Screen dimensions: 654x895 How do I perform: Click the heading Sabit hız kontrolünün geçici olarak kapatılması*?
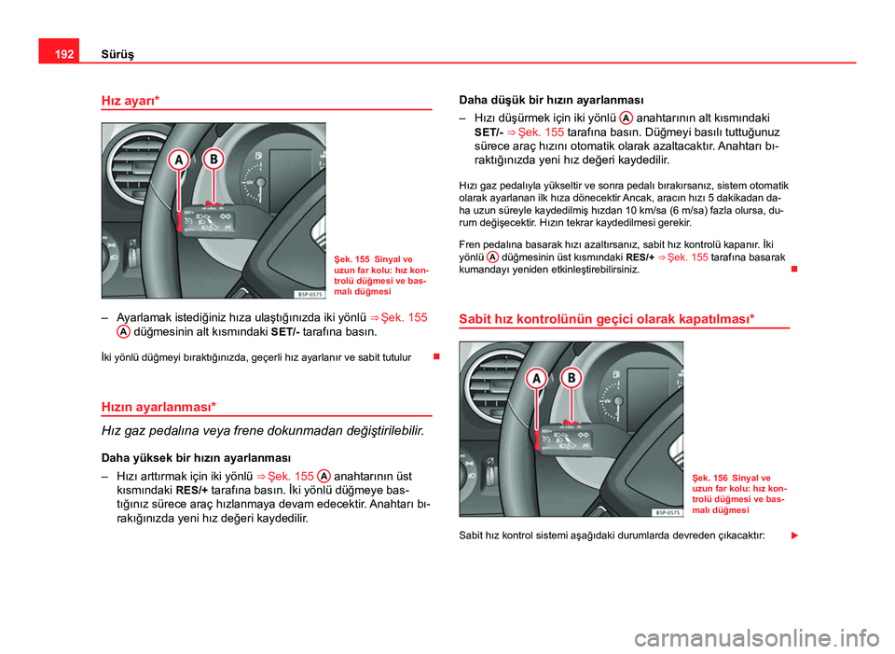coord(606,318)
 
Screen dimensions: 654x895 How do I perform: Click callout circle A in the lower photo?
coord(537,379)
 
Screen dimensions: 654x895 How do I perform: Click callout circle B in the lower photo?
coord(571,376)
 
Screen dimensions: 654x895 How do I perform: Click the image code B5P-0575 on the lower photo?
coord(665,511)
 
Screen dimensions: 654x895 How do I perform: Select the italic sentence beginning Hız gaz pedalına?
coord(262,431)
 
